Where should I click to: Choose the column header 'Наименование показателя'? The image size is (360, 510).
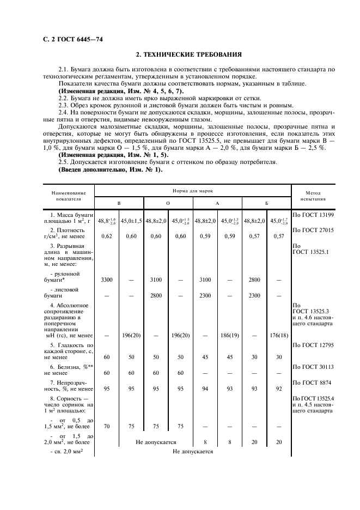69,196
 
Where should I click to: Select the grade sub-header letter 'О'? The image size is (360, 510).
168,203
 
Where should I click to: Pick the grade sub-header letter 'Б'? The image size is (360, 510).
266,203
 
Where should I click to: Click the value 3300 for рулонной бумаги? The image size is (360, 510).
107,279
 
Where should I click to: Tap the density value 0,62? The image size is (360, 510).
107,236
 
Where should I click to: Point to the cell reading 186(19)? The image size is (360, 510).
229,335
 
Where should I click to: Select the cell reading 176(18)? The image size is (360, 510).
279,335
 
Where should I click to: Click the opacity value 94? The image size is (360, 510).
205,388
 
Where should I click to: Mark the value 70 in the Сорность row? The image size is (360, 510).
107,427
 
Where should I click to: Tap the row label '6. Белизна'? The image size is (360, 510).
69,367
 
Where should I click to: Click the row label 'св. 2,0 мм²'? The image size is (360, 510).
66,451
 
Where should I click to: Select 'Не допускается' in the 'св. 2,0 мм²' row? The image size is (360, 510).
193,451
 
